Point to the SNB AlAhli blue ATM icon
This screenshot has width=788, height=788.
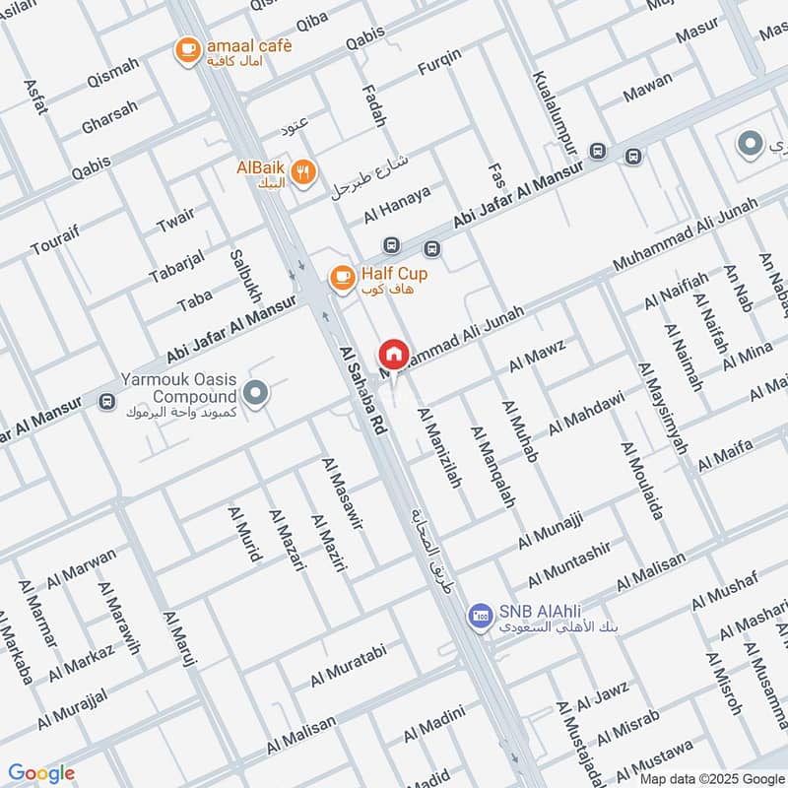coord(480,616)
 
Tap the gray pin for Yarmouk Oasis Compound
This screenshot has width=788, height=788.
coord(256,394)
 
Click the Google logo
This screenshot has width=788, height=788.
coord(41,773)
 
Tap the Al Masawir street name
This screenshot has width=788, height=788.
coord(343,492)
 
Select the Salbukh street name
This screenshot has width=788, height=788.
coord(245,276)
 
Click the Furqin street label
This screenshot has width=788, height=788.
coord(438,66)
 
